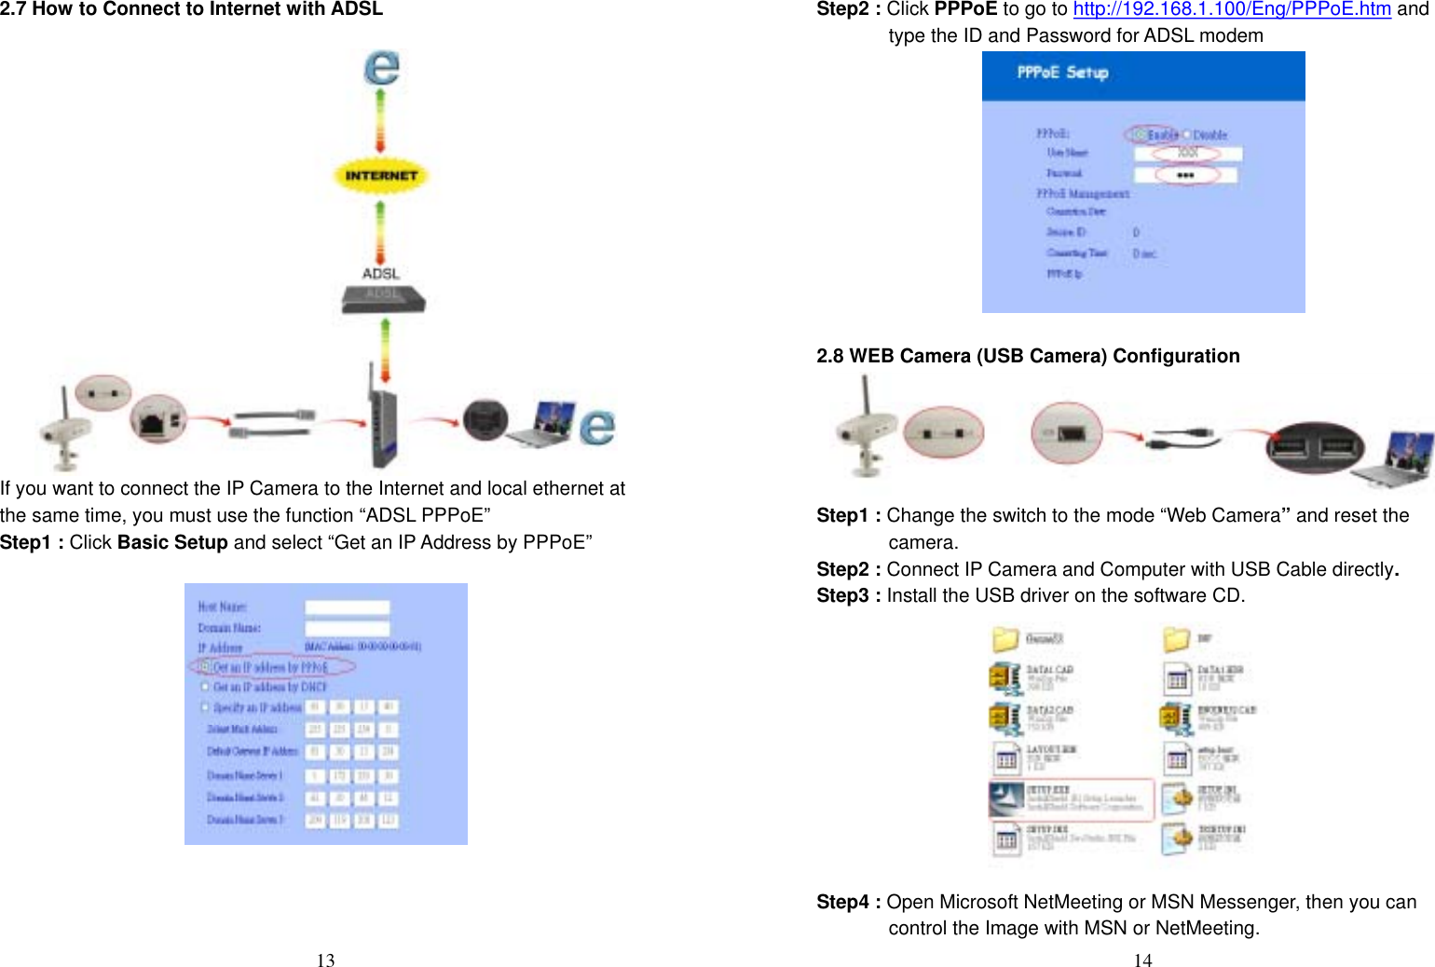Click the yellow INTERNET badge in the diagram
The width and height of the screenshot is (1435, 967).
click(380, 175)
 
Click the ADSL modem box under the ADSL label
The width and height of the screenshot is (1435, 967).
click(383, 298)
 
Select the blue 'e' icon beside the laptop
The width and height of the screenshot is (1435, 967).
click(596, 427)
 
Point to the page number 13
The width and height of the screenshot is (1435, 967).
click(325, 960)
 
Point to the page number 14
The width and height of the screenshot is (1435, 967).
click(1142, 960)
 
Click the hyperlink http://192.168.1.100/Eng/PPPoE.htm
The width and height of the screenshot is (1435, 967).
click(1231, 9)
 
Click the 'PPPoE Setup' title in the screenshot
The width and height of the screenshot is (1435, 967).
click(1062, 73)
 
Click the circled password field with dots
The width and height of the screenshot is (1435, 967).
click(1185, 175)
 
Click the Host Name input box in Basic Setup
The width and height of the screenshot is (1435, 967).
click(347, 607)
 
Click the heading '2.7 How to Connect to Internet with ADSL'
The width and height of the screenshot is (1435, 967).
click(191, 9)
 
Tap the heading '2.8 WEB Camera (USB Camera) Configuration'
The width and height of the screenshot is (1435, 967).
click(1028, 356)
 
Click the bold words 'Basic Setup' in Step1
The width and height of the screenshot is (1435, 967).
click(172, 542)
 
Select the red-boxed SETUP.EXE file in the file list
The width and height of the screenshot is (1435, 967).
click(1072, 799)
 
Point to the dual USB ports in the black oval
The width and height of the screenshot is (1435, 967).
click(1315, 446)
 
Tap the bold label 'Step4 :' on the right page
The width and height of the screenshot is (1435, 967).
click(848, 902)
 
